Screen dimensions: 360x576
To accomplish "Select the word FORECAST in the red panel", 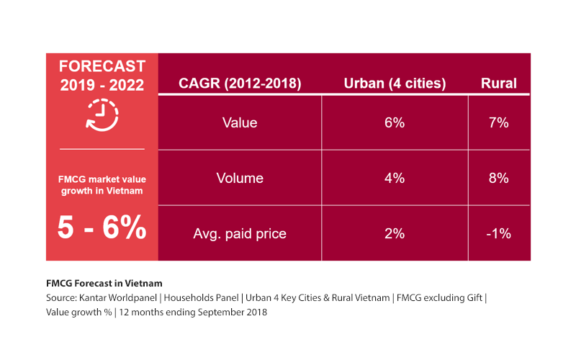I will pos(102,66).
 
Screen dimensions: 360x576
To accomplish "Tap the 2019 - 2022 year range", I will pos(102,85).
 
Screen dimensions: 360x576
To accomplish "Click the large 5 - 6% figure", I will pos(102,228).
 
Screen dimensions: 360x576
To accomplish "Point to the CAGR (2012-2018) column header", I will pos(239,84).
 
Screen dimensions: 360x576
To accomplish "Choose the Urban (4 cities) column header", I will pos(395,84).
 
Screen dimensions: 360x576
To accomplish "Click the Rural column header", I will pos(498,84).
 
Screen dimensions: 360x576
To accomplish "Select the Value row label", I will pos(240,122).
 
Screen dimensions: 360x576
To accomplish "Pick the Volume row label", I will pos(240,178).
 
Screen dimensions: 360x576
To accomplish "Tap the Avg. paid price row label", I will pos(240,233).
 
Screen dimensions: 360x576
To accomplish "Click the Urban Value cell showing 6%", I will pos(395,122).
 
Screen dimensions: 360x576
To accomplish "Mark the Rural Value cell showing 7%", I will pos(498,122).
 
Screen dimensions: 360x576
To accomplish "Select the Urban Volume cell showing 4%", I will pos(395,178).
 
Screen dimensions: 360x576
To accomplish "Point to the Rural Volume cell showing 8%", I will pos(498,178).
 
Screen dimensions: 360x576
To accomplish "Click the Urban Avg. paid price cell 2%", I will pos(395,233).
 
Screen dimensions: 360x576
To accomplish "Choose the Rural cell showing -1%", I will pos(498,233).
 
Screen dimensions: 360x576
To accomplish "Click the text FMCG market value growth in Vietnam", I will pos(102,185).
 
